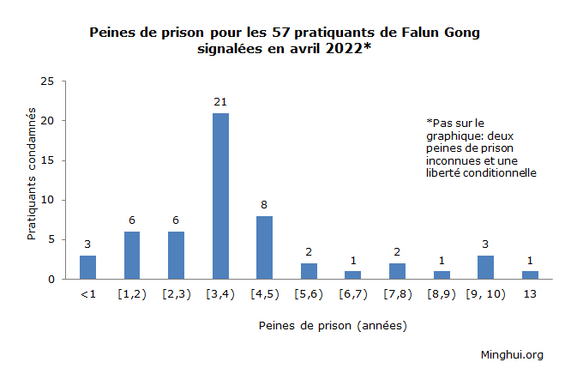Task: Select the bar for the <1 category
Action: (87, 267)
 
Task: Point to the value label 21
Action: (220, 103)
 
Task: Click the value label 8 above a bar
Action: (264, 205)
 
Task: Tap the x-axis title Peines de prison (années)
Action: (332, 326)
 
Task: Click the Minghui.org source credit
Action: (512, 354)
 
